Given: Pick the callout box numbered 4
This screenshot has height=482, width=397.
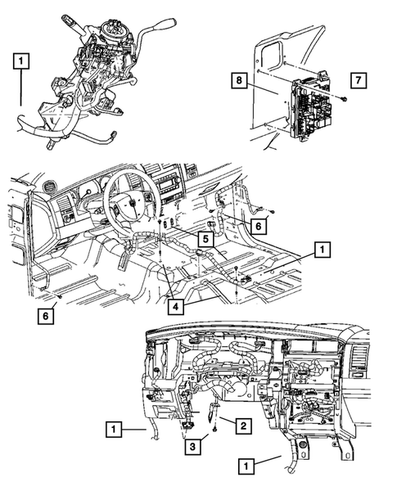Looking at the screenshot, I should pyautogui.click(x=176, y=307).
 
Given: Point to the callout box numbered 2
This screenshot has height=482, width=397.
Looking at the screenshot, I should pyautogui.click(x=242, y=426).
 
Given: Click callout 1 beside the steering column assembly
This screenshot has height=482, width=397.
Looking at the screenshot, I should pyautogui.click(x=21, y=60).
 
